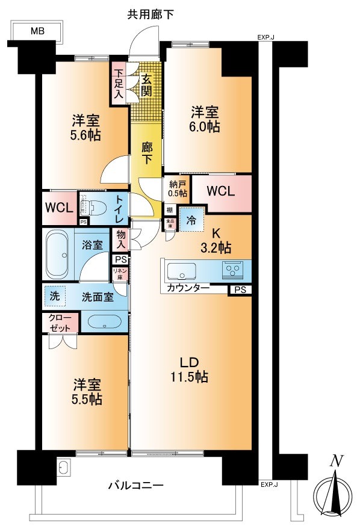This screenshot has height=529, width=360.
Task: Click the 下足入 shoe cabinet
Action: pos(119,83)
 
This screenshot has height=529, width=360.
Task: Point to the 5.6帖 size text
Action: pos(84,134)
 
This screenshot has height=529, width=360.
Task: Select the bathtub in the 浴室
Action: pos(59,253)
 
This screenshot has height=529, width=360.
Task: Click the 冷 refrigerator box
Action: pos(191,220)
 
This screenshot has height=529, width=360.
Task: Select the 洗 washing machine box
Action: pos(55,296)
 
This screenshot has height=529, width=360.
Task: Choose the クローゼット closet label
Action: pos(60,322)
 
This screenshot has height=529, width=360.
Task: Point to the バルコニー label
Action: pos(135,485)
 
